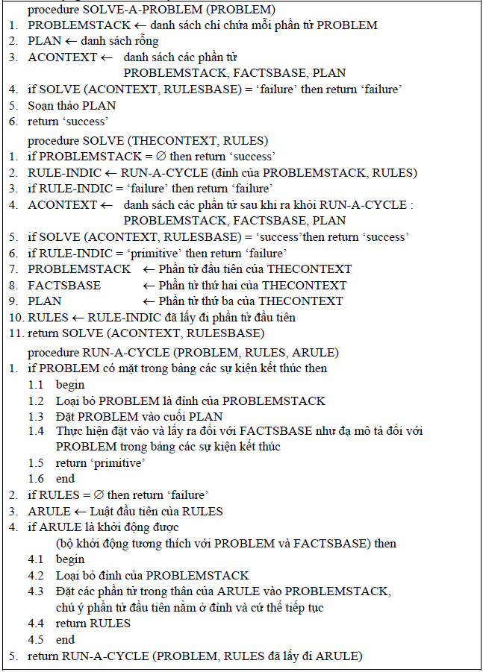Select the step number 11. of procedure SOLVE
(15, 333)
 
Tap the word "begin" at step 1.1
(70, 385)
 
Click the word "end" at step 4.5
(66, 639)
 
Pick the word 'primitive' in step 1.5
(118, 462)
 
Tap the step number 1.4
(37, 431)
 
